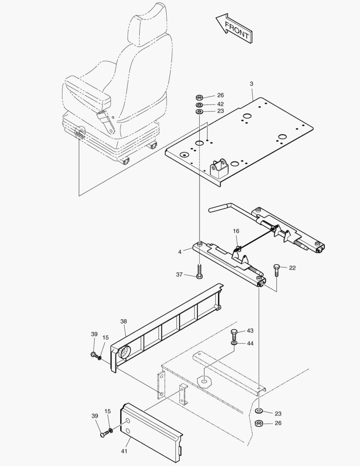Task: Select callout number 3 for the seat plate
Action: (252, 83)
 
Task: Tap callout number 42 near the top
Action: (220, 104)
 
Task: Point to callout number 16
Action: (236, 231)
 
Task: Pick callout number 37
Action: (179, 274)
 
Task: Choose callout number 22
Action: (292, 268)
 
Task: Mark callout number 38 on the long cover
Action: (124, 321)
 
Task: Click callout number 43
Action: (250, 331)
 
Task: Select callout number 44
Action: (250, 343)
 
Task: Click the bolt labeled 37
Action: (199, 272)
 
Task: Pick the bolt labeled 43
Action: (234, 334)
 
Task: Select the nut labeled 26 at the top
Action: (200, 97)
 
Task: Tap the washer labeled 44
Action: (234, 343)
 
